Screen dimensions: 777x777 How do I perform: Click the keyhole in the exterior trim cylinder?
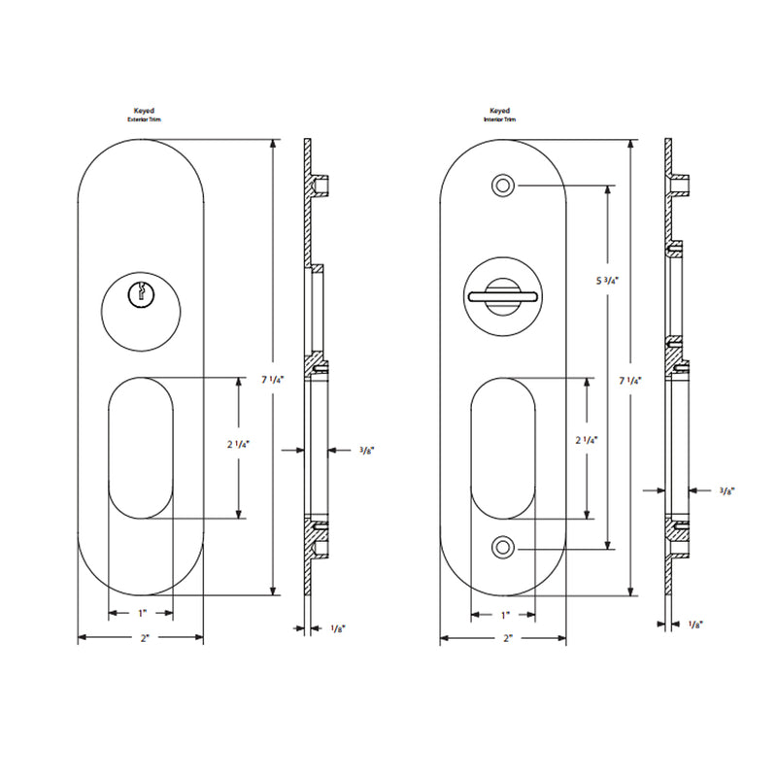point(141,291)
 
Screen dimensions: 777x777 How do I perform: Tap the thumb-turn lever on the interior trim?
point(502,293)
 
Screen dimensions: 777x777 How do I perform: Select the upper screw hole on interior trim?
point(502,186)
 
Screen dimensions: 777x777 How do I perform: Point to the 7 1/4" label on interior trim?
point(630,380)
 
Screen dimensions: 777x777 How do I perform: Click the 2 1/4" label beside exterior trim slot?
point(239,445)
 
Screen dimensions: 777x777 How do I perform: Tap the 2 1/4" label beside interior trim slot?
point(586,440)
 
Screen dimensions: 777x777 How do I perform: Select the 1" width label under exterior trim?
point(141,613)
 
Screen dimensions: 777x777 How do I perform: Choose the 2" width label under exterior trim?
point(141,638)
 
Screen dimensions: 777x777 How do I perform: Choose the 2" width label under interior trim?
point(506,638)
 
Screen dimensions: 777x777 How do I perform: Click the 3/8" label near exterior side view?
point(366,451)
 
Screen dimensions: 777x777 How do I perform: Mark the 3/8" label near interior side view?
point(726,491)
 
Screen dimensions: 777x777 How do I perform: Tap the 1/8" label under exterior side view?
point(337,630)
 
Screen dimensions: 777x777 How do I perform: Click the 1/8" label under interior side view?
point(695,624)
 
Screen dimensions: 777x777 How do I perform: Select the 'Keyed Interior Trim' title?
point(500,115)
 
